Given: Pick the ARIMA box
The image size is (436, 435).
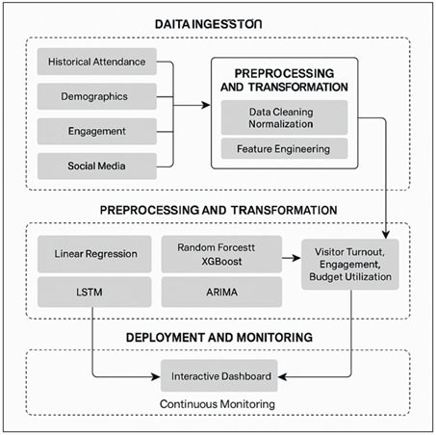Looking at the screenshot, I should tap(220, 291).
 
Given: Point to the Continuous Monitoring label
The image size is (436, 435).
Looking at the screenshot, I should tap(219, 404).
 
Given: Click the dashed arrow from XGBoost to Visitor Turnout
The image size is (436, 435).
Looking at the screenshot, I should tap(292, 254).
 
